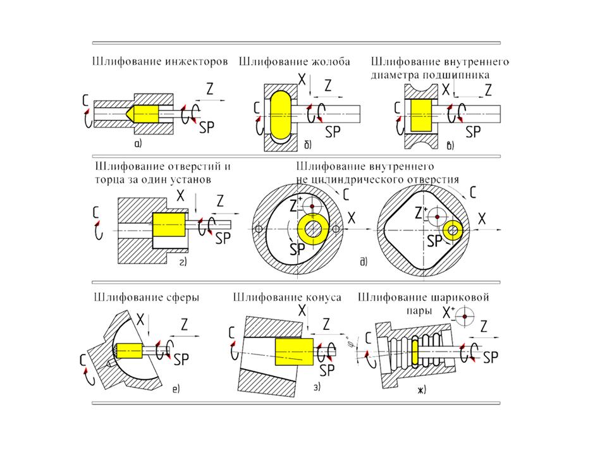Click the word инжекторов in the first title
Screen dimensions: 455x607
(195, 63)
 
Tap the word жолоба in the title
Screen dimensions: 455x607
(336, 63)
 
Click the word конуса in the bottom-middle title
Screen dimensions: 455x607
(324, 296)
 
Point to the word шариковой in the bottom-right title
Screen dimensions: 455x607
(464, 296)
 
